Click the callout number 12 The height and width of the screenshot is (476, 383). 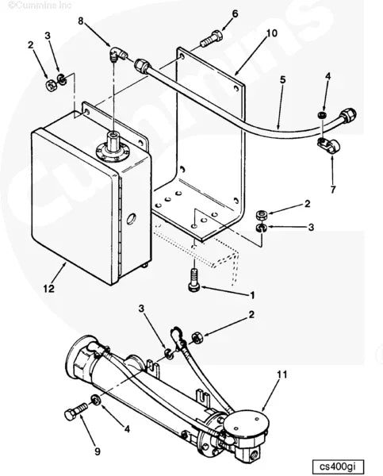[x=48, y=289]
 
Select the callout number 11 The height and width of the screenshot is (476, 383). [x=282, y=374]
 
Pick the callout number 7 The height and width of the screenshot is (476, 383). [x=332, y=190]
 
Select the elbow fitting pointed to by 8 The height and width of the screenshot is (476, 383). [x=115, y=56]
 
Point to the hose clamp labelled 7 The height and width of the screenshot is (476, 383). [x=325, y=145]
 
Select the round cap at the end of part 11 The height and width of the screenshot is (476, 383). [x=247, y=419]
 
